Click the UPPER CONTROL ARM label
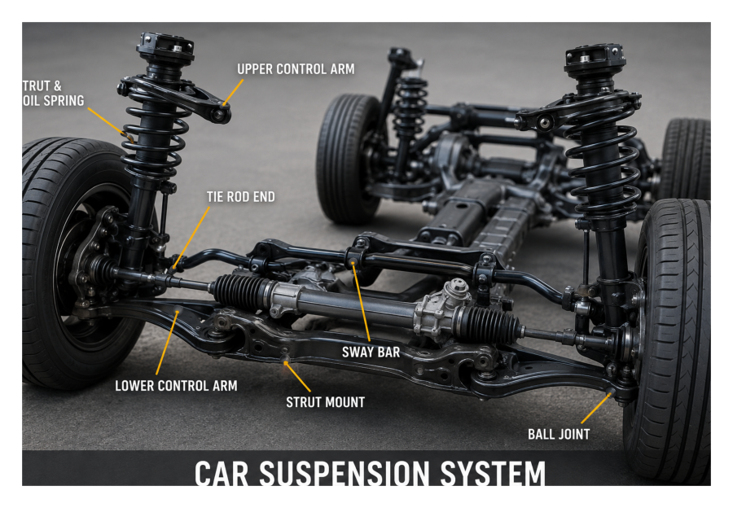tap(296, 69)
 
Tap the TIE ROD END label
tap(241, 197)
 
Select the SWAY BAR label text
tap(371, 352)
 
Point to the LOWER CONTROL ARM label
tap(176, 386)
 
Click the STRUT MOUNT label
tap(325, 402)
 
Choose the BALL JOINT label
tap(559, 434)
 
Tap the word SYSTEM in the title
tap(493, 473)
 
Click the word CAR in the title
tap(221, 473)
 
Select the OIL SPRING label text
tap(53, 100)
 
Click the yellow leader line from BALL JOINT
tap(596, 409)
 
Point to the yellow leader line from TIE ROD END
tap(191, 238)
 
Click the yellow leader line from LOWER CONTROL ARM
tap(167, 342)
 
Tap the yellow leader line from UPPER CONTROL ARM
tap(233, 93)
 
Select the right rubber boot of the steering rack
tap(489, 322)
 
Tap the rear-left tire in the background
tap(349, 158)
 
